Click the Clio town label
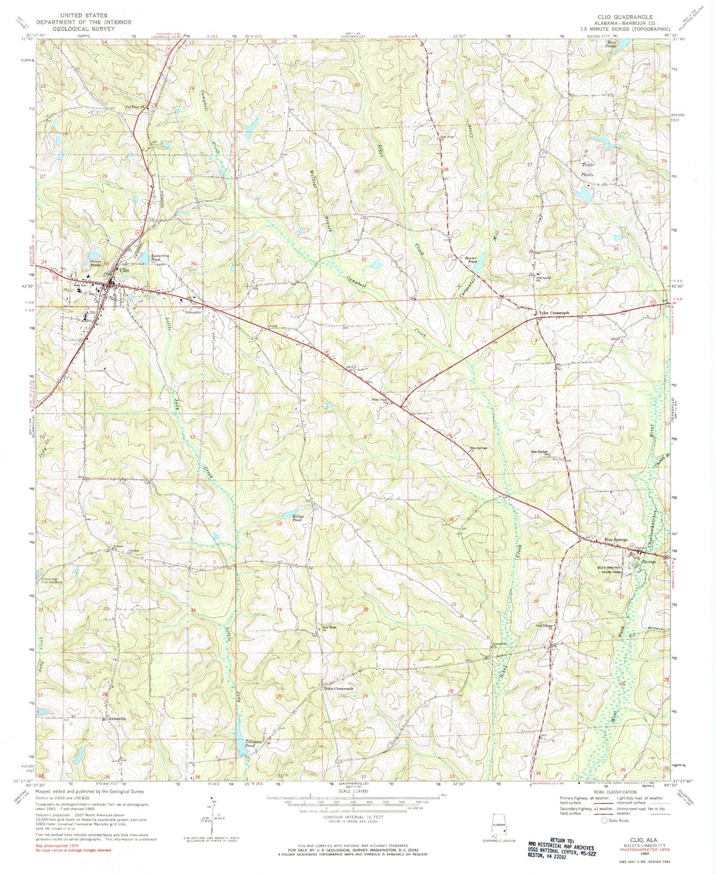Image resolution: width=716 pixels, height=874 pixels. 125,270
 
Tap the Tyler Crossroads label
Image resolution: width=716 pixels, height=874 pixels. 554,313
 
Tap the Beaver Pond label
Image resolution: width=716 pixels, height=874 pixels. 471,260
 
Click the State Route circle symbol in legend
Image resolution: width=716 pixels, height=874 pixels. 604,821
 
